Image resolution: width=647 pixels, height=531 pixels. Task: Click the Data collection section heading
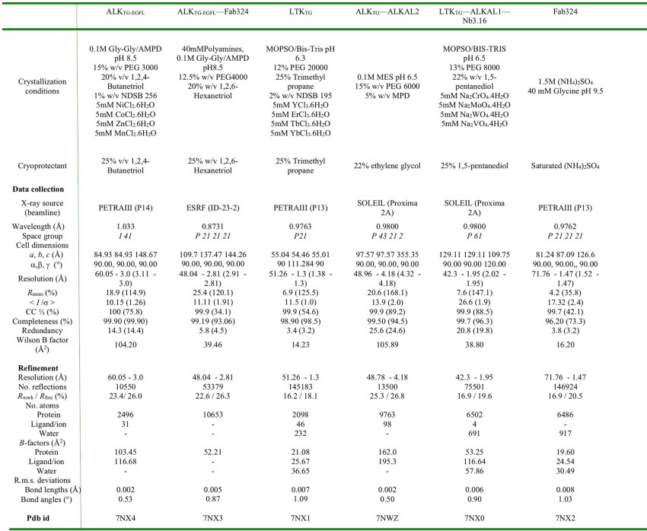[43, 187]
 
